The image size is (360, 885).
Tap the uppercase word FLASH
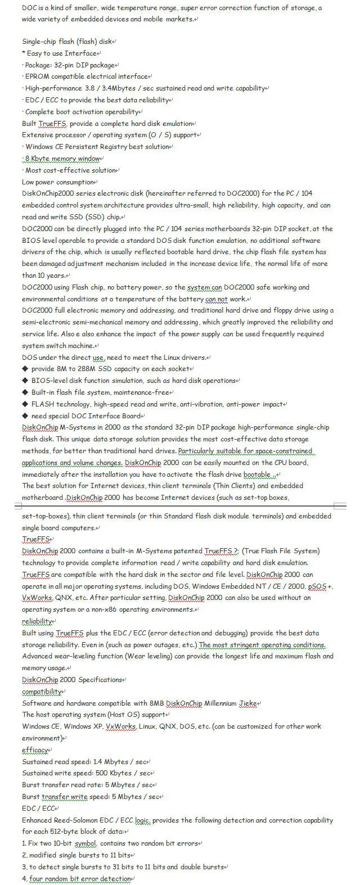[43, 404]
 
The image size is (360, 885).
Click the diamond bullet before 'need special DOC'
[25, 416]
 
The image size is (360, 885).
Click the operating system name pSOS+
[321, 586]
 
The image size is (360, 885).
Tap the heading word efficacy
[35, 750]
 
